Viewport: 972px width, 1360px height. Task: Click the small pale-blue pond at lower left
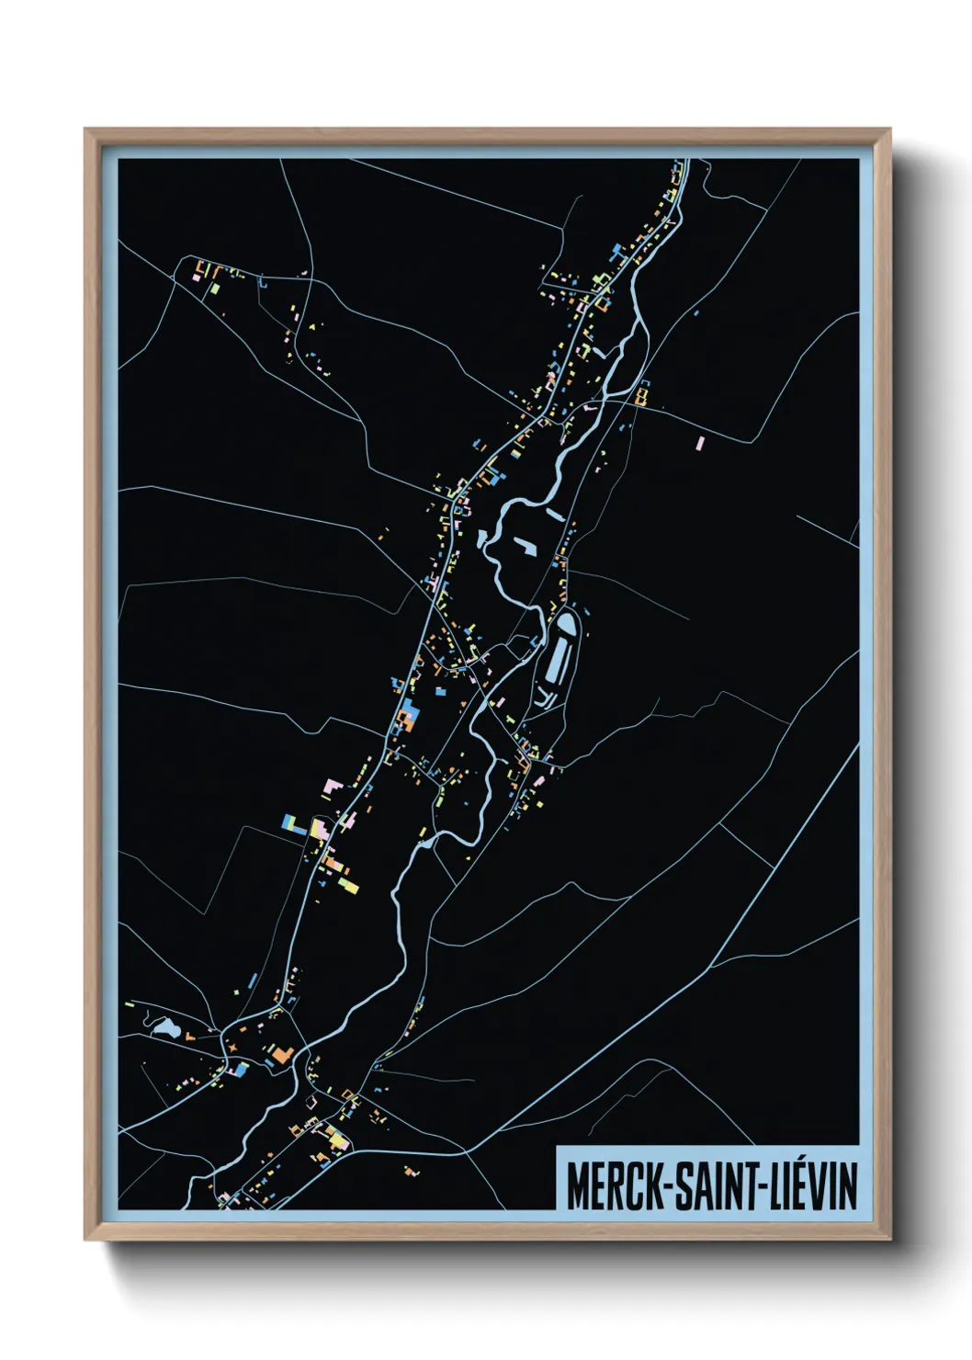[164, 1027]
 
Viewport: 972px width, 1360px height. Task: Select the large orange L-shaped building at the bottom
[281, 1055]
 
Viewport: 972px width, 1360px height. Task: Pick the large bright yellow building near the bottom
[338, 1140]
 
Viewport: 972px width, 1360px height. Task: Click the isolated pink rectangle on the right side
[700, 443]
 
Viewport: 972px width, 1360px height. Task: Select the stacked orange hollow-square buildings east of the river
[641, 395]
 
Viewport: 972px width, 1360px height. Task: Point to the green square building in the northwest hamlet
[213, 288]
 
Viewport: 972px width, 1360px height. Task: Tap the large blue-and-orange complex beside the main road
[407, 715]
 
